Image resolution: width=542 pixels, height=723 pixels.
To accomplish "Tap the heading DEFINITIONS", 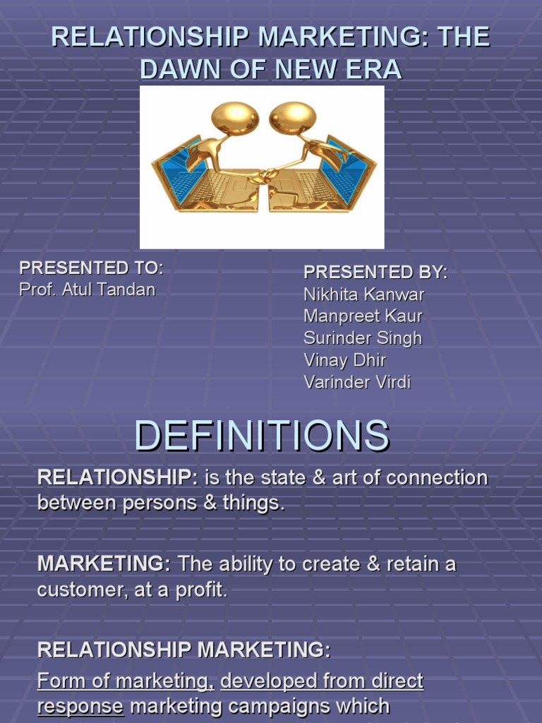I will tap(262, 436).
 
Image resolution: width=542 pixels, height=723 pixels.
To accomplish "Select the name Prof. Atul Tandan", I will tap(87, 289).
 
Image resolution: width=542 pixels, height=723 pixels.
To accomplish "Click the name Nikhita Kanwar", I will tap(364, 294).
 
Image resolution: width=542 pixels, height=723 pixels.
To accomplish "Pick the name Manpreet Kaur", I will tap(363, 316).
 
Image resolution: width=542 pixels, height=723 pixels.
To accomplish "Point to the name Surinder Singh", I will tap(363, 338).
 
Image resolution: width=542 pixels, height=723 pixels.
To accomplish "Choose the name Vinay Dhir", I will tap(345, 360).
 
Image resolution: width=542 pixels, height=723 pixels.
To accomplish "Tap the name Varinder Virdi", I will tap(357, 383).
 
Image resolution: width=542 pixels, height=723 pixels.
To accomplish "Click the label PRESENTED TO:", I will tap(91, 268).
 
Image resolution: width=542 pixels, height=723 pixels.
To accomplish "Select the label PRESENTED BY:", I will tap(375, 273).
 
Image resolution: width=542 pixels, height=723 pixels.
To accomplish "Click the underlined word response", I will tap(80, 706).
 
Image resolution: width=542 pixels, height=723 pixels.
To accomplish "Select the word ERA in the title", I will tap(373, 69).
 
